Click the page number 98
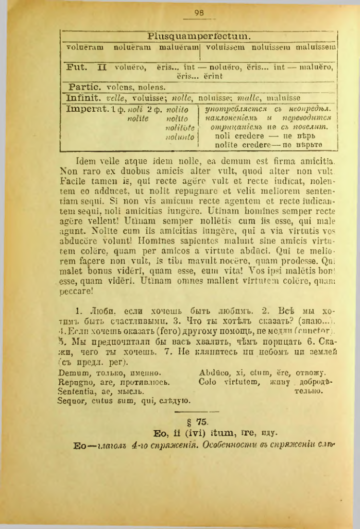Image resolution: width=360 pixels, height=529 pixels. coord(200,13)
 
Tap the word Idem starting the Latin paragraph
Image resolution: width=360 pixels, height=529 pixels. coord(85,162)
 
